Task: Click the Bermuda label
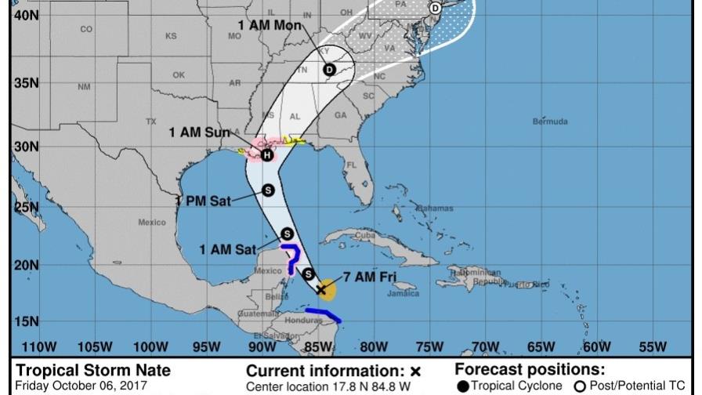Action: pyautogui.click(x=549, y=121)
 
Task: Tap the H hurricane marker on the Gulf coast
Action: pyautogui.click(x=267, y=155)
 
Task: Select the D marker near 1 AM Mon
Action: pyautogui.click(x=329, y=70)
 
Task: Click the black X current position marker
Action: pyautogui.click(x=321, y=289)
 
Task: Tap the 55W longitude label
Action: pyautogui.click(x=653, y=346)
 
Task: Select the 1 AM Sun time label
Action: pyautogui.click(x=199, y=132)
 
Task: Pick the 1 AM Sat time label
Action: pyautogui.click(x=228, y=250)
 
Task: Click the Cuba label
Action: pyautogui.click(x=365, y=235)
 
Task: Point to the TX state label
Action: pyautogui.click(x=151, y=121)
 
